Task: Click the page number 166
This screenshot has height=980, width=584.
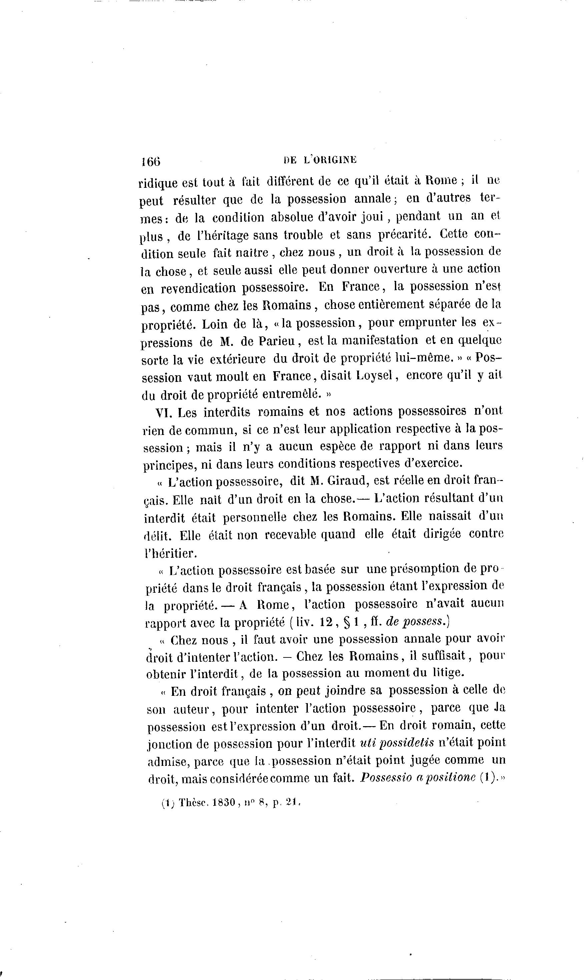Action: coord(151,161)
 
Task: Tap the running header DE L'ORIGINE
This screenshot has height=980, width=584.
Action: coord(320,160)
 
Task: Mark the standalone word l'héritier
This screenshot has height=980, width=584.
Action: coord(170,553)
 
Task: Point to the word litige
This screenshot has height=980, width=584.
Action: coord(448,673)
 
